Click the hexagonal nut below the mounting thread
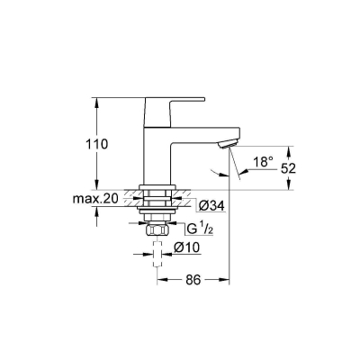coord(158,232)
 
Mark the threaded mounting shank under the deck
coord(158,211)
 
